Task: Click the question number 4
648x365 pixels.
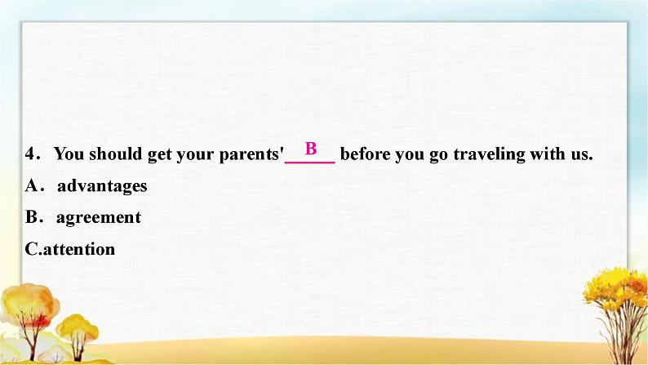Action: [32, 154]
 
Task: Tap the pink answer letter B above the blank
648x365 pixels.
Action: [311, 148]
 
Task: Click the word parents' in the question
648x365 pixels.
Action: [251, 155]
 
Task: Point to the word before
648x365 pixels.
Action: [365, 154]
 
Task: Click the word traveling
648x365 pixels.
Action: [490, 154]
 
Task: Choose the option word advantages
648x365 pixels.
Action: [102, 186]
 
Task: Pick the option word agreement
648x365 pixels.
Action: [99, 218]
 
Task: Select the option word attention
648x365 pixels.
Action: [79, 249]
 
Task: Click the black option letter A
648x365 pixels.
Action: [31, 185]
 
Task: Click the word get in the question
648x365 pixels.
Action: [159, 155]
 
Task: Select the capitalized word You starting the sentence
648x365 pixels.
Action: [69, 154]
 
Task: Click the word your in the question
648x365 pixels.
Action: [196, 156]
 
